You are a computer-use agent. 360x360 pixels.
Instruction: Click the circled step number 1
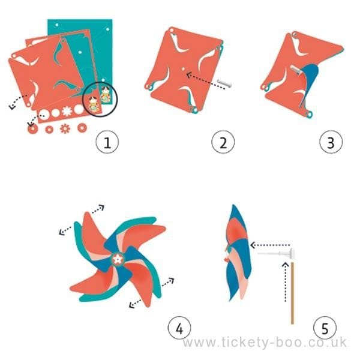(x=107, y=142)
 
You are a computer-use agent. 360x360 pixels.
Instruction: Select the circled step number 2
(x=223, y=142)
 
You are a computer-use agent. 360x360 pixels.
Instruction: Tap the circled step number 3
(x=331, y=142)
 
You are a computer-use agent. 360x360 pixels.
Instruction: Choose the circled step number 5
(x=325, y=328)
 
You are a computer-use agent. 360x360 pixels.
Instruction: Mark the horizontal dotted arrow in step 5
(x=270, y=244)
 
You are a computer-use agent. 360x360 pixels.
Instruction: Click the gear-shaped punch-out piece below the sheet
(x=65, y=128)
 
